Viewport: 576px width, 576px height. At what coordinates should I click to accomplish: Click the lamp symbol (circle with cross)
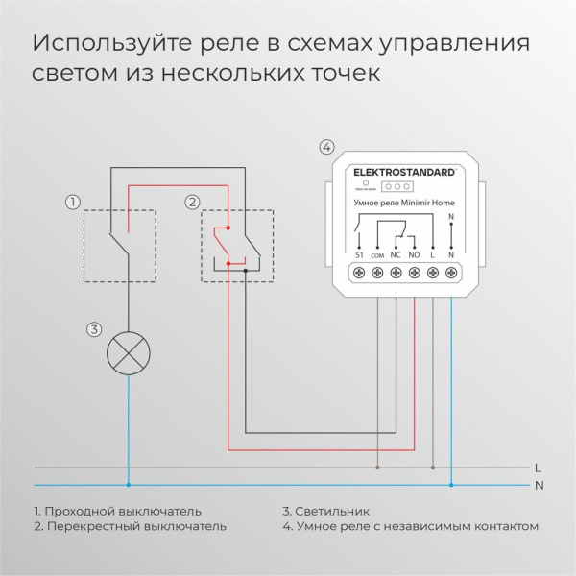pyautogui.click(x=129, y=352)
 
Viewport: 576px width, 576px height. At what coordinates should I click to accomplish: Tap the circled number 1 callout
pyautogui.click(x=71, y=202)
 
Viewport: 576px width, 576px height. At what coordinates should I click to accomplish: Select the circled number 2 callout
pyautogui.click(x=192, y=202)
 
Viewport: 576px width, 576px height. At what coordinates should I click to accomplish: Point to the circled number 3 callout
pyautogui.click(x=93, y=329)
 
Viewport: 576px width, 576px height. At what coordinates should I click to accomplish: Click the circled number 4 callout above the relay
pyautogui.click(x=326, y=147)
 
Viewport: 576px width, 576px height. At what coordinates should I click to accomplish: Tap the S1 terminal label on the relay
pyautogui.click(x=358, y=256)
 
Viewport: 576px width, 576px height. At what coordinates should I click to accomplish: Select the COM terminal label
pyautogui.click(x=376, y=257)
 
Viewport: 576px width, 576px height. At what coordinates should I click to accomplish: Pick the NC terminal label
pyautogui.click(x=396, y=256)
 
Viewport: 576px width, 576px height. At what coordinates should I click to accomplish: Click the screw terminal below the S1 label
pyautogui.click(x=358, y=274)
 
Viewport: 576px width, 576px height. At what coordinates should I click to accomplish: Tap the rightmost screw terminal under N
pyautogui.click(x=451, y=274)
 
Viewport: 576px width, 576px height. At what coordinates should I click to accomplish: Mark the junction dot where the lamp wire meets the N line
pyautogui.click(x=129, y=484)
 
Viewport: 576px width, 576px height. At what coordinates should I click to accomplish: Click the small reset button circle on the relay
pyautogui.click(x=366, y=182)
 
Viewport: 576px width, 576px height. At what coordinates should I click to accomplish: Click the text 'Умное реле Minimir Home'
pyautogui.click(x=405, y=204)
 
